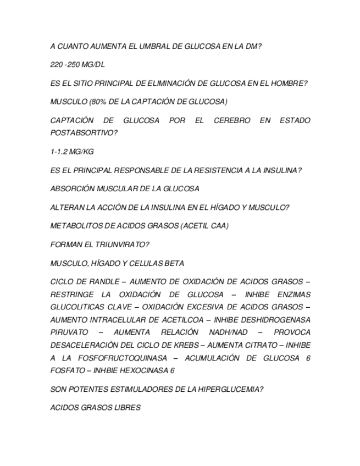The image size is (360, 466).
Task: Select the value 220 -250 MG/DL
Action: point(77,65)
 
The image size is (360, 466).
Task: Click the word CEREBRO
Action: point(231,120)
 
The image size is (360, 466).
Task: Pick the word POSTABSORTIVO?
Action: point(84,133)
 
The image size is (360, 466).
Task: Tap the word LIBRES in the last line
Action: point(127,408)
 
